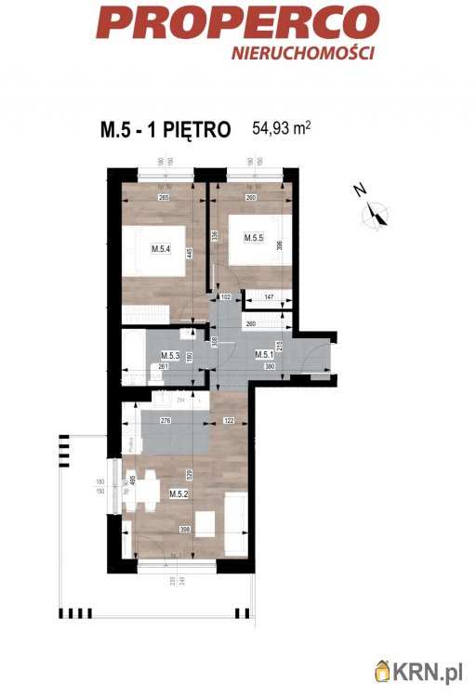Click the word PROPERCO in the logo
[x=237, y=22]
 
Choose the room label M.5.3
[x=169, y=356]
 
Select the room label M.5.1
[x=264, y=356]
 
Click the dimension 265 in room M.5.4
[x=164, y=196]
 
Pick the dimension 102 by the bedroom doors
[x=224, y=298]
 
